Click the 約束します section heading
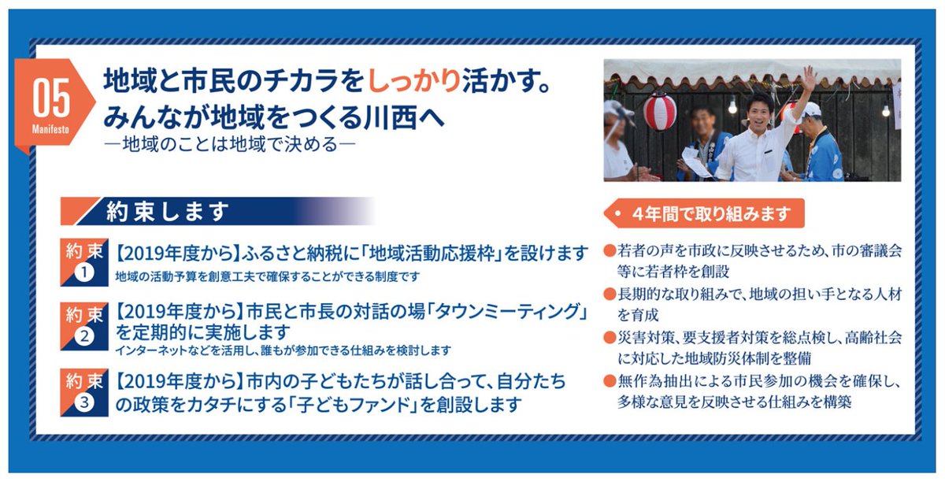[168, 211]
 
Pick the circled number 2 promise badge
[84, 336]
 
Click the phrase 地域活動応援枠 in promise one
[431, 254]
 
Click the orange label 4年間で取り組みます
[706, 213]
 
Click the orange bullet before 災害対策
[609, 337]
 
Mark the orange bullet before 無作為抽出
[609, 380]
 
